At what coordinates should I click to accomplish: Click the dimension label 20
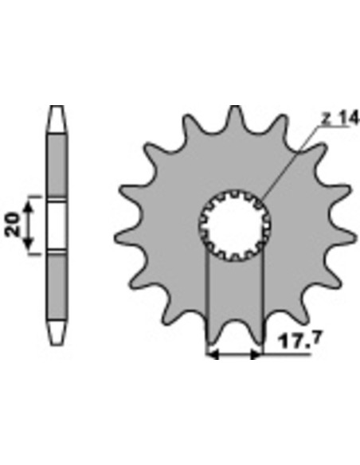click(x=13, y=224)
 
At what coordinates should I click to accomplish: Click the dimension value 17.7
click(x=299, y=342)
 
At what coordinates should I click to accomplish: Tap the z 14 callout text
click(x=341, y=119)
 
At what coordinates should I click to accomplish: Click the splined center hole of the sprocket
click(x=235, y=226)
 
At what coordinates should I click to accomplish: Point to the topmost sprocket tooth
click(x=235, y=117)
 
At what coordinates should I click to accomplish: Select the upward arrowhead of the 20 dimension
click(x=28, y=207)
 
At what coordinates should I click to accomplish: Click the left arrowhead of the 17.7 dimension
click(x=213, y=354)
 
